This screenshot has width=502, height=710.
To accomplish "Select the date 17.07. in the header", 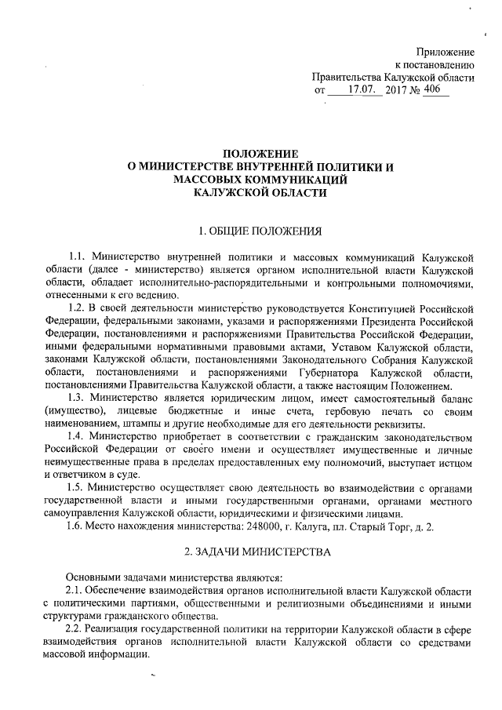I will click(363, 92).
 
